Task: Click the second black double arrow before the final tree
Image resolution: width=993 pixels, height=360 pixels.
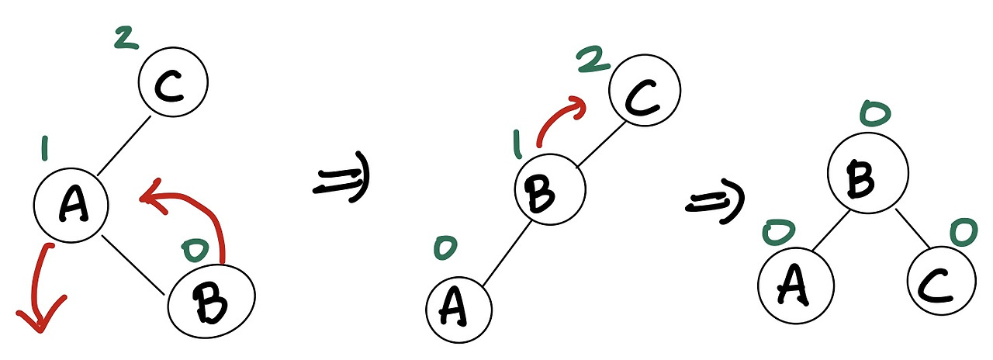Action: pyautogui.click(x=714, y=202)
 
